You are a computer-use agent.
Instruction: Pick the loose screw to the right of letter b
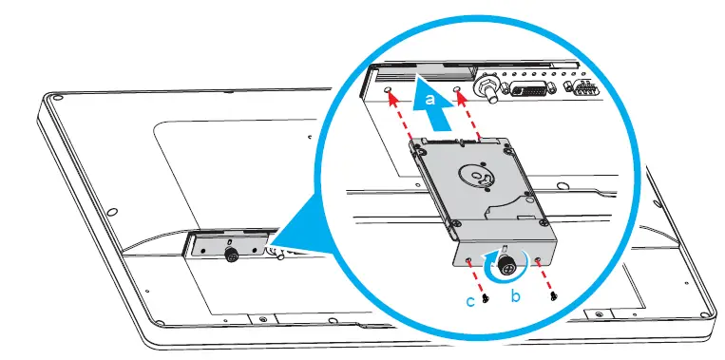pos(552,296)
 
